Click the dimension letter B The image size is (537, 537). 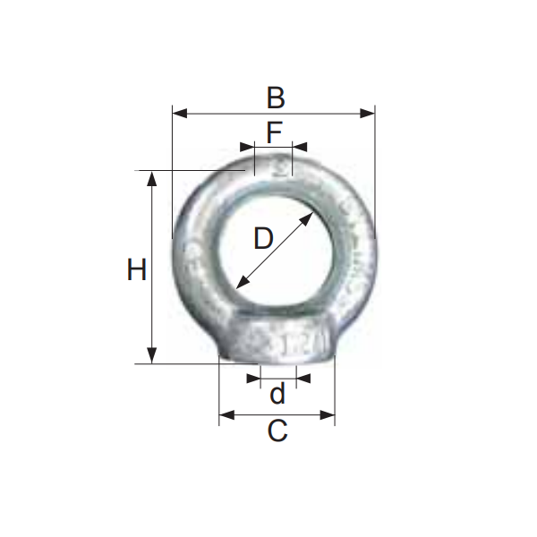275,97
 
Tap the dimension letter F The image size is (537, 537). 274,132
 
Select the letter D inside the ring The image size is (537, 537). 262,239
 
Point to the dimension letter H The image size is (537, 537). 136,269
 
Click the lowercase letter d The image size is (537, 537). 277,394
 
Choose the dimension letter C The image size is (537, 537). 277,431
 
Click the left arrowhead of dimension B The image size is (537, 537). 177,114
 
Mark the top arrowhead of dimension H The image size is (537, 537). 153,176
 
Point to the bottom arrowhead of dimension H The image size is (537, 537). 153,357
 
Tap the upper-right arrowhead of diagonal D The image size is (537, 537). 310,216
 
